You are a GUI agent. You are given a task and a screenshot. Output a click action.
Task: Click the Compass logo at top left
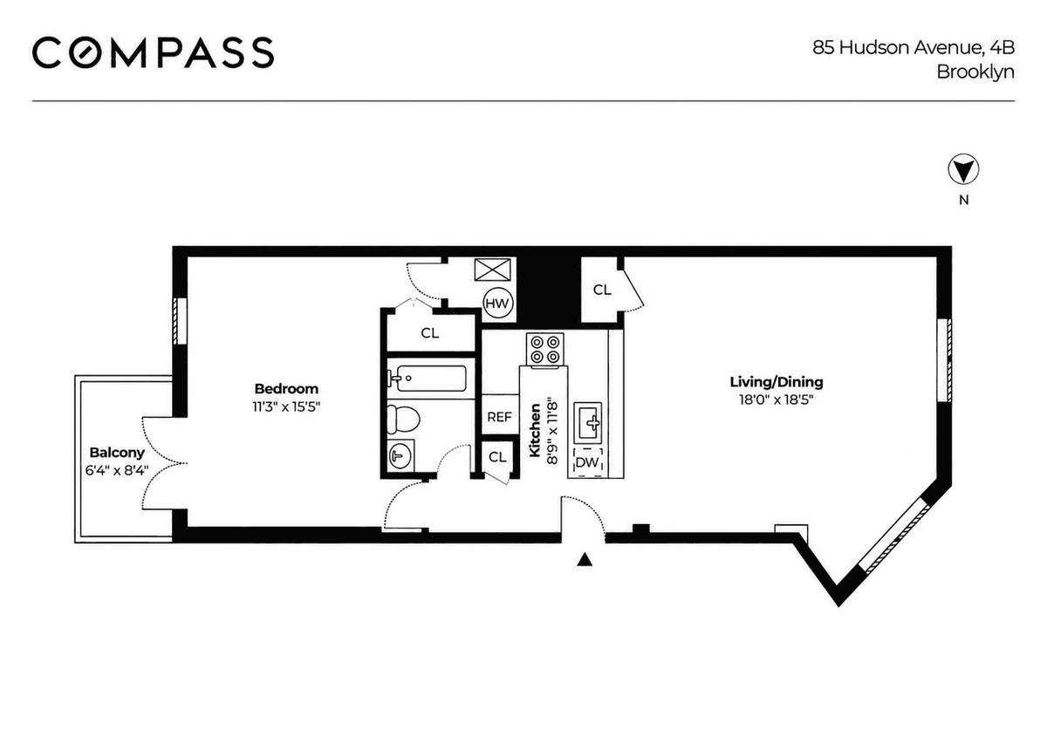point(153,52)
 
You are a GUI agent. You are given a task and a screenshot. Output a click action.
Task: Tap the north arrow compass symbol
point(963,169)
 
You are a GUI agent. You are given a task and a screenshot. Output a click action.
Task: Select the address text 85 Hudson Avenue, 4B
point(914,48)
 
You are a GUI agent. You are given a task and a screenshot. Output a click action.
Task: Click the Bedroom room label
point(286,388)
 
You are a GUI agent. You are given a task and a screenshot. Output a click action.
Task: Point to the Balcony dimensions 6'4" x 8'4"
point(117,470)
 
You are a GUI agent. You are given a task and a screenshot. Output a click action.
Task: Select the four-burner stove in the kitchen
point(544,349)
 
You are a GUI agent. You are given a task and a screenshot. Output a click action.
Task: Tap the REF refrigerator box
point(500,416)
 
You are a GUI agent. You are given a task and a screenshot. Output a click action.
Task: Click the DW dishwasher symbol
point(587,462)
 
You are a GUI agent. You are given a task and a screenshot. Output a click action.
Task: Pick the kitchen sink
point(588,422)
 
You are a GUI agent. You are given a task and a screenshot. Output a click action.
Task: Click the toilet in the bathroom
point(403,420)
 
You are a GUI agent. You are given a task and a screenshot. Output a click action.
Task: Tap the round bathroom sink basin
point(400,455)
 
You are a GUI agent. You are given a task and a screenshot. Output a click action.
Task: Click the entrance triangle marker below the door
point(585,560)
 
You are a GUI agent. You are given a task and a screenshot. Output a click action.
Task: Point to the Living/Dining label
point(777,382)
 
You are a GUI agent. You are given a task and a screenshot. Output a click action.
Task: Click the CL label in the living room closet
point(602,290)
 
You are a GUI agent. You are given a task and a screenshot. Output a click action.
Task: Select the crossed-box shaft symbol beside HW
point(492,270)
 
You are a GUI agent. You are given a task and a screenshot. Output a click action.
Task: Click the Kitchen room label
point(535,430)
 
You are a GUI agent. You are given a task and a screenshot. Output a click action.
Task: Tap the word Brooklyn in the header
point(975,72)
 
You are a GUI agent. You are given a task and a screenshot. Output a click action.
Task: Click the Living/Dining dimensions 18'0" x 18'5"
point(777,400)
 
